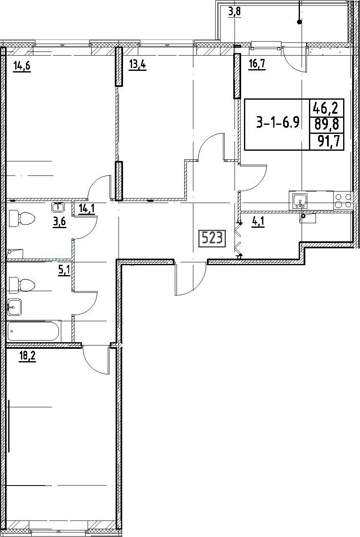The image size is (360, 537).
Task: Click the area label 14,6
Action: [22, 65]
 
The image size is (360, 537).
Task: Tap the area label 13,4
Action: [137, 65]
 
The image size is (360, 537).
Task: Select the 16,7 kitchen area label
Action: [257, 64]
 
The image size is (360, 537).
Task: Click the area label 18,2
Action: [27, 356]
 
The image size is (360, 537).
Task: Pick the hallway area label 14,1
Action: [87, 209]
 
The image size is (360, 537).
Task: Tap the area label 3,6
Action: [59, 222]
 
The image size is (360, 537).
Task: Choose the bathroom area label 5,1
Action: [64, 271]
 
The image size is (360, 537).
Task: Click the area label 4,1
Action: [258, 222]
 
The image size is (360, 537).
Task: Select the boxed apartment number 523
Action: [212, 238]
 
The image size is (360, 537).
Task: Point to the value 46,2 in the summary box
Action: [327, 109]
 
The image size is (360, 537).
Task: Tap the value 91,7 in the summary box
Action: [329, 142]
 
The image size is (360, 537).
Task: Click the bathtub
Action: [34, 332]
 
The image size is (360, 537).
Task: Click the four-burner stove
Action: [343, 201]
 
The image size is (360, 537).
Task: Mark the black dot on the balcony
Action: [299, 22]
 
